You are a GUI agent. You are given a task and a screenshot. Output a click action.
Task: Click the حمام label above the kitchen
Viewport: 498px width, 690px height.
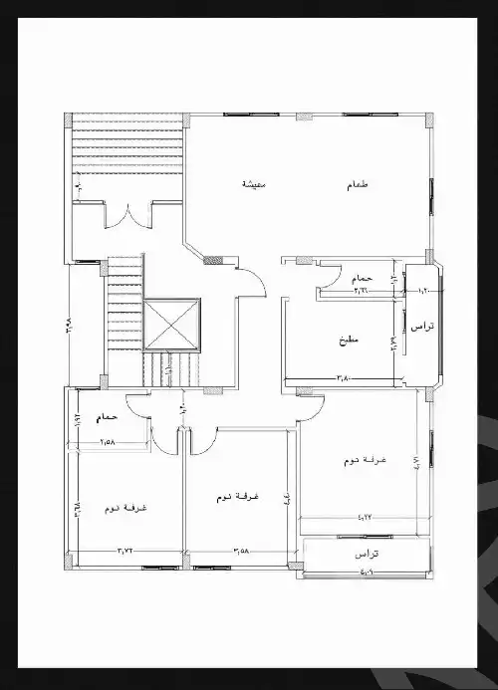pos(362,277)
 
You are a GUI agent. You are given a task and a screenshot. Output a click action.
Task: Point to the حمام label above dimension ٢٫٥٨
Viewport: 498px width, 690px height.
pos(108,419)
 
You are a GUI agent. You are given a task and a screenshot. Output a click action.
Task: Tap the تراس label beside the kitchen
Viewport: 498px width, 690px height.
pos(421,327)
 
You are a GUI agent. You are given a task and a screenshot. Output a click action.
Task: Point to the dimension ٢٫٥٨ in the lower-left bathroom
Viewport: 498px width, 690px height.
pos(108,440)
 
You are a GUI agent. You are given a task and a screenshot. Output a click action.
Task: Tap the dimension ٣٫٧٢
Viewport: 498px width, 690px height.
pos(125,550)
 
